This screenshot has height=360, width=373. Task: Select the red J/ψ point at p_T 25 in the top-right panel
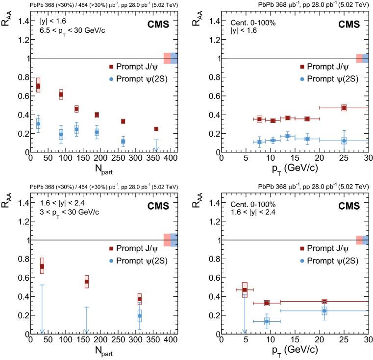click(x=344, y=108)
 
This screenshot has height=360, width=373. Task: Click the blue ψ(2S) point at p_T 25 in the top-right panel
click(x=344, y=141)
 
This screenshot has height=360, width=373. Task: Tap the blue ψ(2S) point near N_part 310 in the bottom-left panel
click(x=140, y=316)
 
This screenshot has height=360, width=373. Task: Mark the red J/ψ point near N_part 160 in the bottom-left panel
click(x=87, y=282)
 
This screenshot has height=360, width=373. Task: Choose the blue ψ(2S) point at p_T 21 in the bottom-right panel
click(x=324, y=311)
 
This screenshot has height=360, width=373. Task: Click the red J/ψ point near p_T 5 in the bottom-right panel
click(x=245, y=290)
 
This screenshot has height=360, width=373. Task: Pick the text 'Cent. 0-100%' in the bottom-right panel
click(x=249, y=203)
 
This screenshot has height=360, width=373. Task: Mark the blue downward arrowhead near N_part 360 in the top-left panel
click(x=156, y=149)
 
